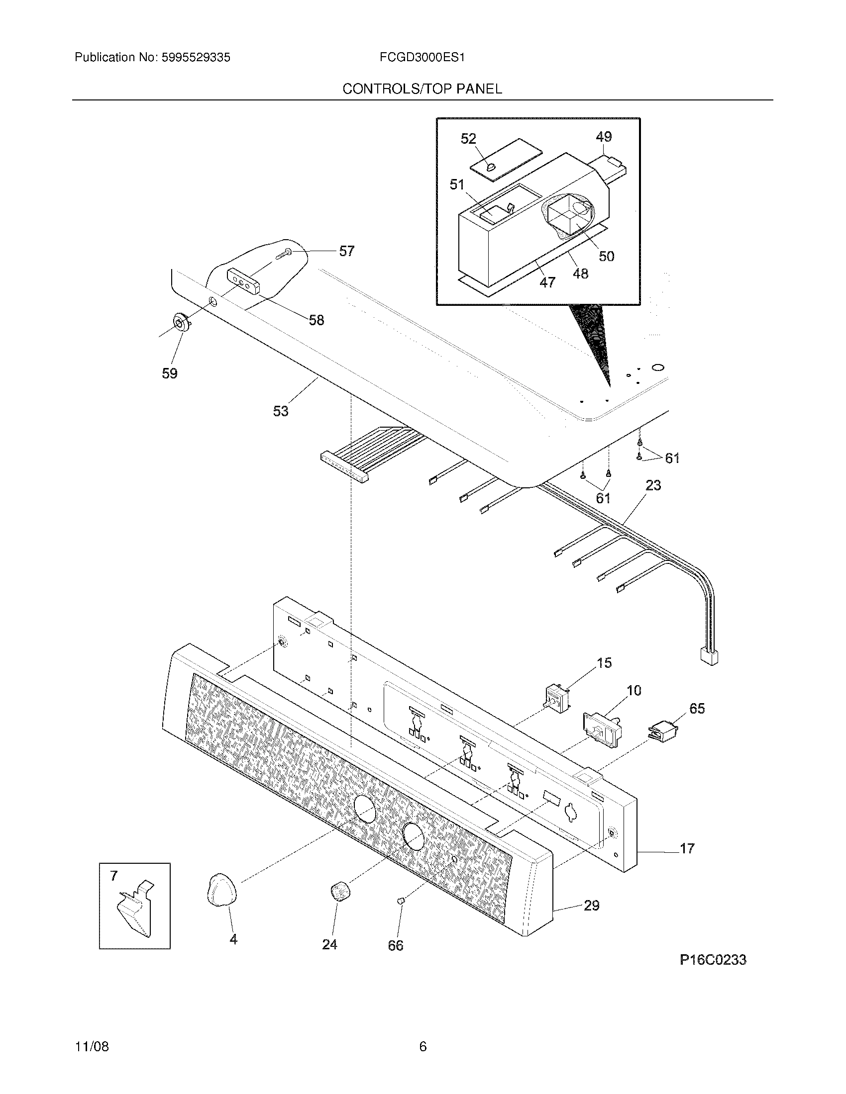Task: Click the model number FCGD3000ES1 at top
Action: coord(422,58)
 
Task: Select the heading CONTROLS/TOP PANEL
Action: coord(422,89)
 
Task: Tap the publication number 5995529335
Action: coord(196,58)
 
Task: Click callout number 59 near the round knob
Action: coord(169,373)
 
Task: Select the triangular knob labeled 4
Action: coord(221,889)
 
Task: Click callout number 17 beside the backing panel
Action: coord(687,848)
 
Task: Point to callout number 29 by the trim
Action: coord(591,905)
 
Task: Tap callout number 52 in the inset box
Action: coord(468,139)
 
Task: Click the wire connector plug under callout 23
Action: coord(708,655)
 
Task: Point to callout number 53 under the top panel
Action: coord(281,411)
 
